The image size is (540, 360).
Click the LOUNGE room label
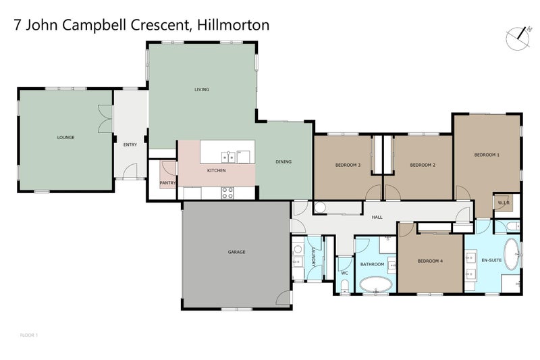[x=65, y=138]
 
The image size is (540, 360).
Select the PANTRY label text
[x=167, y=182]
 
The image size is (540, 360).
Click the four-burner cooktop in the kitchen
[x=228, y=192]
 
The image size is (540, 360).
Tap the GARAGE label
[x=236, y=252]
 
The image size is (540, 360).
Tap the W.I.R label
[x=503, y=203]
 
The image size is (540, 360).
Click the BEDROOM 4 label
[x=430, y=261]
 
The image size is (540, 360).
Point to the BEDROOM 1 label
[x=487, y=155]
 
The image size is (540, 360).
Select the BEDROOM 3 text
[x=348, y=165]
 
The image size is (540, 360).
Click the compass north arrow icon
[x=518, y=36]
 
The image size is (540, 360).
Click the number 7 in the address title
[x=18, y=26]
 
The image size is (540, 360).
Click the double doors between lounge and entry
[x=103, y=119]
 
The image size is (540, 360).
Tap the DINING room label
[x=283, y=161]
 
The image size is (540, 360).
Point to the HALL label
[x=377, y=217]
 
